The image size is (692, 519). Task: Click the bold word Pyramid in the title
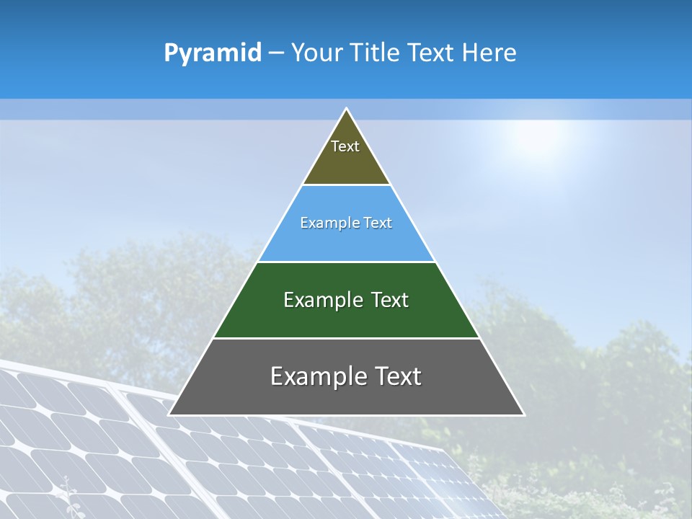click(212, 53)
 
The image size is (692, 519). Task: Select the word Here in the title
click(489, 53)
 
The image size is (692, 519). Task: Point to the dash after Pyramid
click(276, 53)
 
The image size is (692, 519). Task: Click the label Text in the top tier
click(345, 146)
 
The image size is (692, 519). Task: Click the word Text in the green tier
click(389, 300)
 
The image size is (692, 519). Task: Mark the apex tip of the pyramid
click(346, 109)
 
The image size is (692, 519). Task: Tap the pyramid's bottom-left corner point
click(169, 414)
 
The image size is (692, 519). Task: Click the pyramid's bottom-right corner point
click(523, 414)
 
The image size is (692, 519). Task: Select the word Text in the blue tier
click(377, 223)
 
